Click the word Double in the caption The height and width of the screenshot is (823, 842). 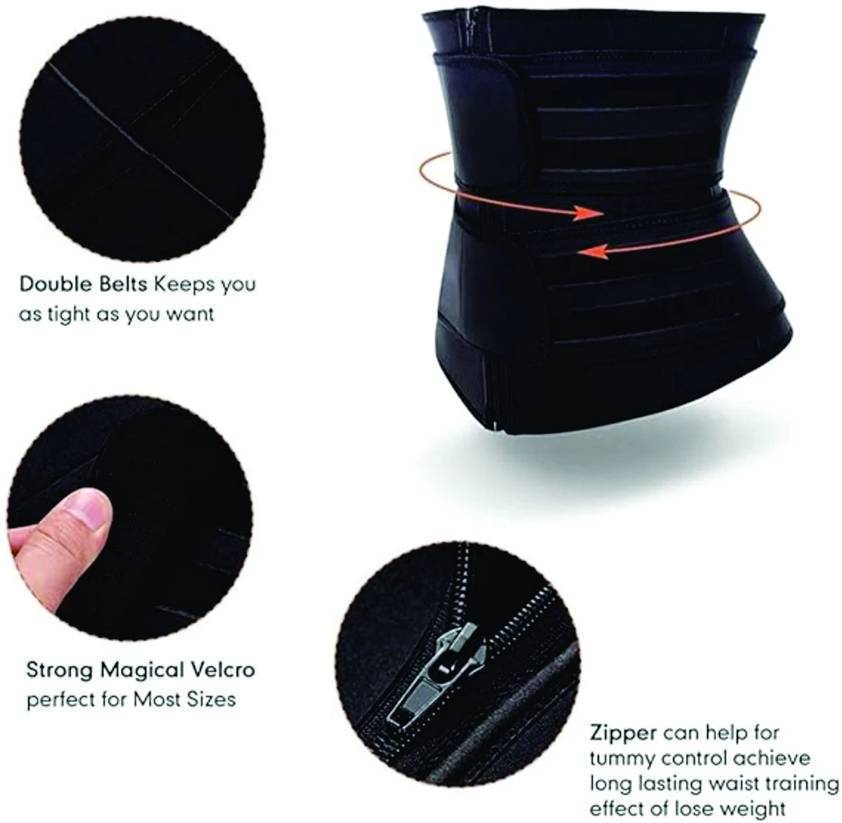point(56,284)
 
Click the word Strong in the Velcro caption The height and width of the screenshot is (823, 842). point(60,670)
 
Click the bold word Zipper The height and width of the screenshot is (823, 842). point(624,733)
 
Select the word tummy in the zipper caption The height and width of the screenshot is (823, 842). point(622,758)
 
